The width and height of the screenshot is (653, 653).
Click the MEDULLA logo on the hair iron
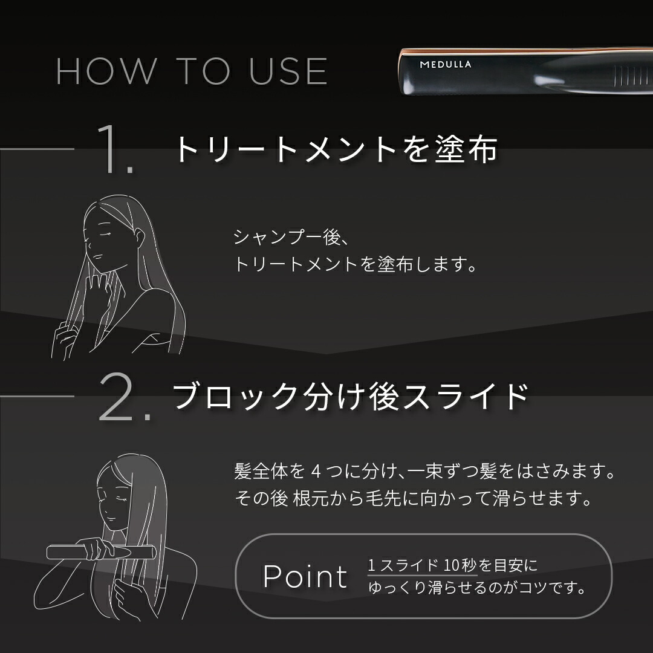(445, 65)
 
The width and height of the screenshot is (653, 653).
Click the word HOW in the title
(106, 71)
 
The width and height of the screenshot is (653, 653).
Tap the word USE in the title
(288, 71)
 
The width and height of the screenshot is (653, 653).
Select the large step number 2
(125, 396)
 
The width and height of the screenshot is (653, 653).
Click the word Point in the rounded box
(305, 576)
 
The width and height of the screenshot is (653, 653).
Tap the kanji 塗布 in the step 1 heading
(466, 149)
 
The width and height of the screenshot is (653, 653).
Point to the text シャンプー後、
(290, 238)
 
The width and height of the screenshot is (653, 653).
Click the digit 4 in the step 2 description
(316, 472)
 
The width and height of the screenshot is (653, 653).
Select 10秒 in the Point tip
(460, 565)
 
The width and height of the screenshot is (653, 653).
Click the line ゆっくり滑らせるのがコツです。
(477, 588)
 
